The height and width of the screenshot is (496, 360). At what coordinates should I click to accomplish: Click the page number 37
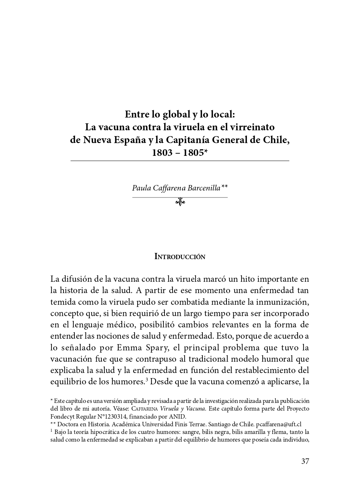click(305, 461)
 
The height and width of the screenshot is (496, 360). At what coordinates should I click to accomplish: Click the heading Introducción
click(180, 257)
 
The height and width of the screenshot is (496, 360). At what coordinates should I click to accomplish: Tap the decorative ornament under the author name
click(180, 201)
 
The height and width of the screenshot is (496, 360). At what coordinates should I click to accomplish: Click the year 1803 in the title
click(162, 153)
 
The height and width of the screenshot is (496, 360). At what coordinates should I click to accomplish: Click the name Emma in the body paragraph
click(130, 347)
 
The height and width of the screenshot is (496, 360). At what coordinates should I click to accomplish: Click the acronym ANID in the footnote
click(178, 416)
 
